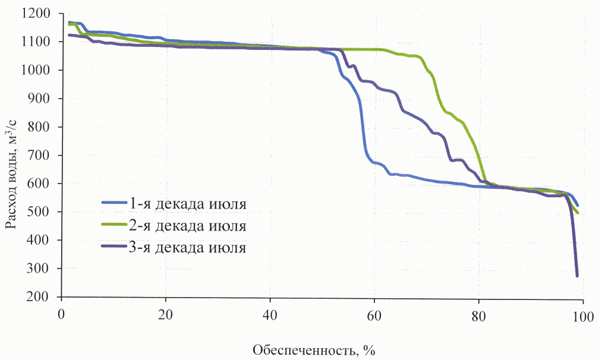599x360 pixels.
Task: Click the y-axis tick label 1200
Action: click(x=39, y=13)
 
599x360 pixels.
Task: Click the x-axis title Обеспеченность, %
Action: click(x=314, y=349)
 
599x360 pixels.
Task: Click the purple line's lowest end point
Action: click(x=577, y=276)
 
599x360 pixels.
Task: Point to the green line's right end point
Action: click(x=578, y=213)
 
